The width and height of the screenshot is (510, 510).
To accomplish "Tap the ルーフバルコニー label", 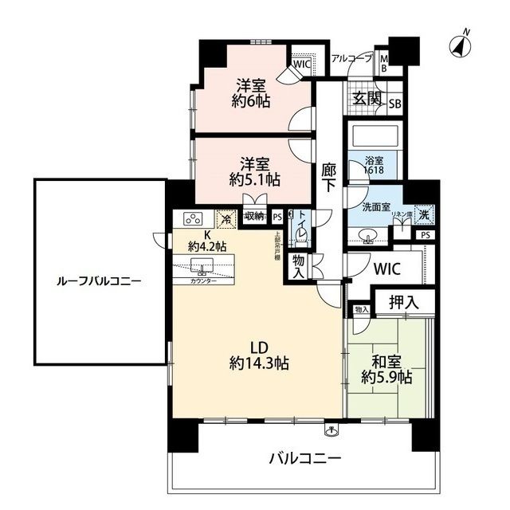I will pyautogui.click(x=99, y=281).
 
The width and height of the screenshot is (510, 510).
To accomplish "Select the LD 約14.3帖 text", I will pyautogui.click(x=258, y=355).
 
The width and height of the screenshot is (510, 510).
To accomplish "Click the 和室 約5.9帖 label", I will pyautogui.click(x=386, y=368).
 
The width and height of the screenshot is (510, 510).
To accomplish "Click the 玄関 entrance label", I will pyautogui.click(x=367, y=100).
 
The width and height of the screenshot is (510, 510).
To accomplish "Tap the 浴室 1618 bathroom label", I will pyautogui.click(x=375, y=165).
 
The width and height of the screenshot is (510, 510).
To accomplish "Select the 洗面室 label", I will pyautogui.click(x=375, y=207).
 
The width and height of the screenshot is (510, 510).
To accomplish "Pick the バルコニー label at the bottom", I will pyautogui.click(x=304, y=458).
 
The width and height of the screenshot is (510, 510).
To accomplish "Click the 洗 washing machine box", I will pyautogui.click(x=426, y=214).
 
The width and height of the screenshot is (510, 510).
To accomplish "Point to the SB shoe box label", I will pyautogui.click(x=394, y=104).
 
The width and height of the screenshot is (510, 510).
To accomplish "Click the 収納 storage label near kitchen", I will pyautogui.click(x=254, y=216).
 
